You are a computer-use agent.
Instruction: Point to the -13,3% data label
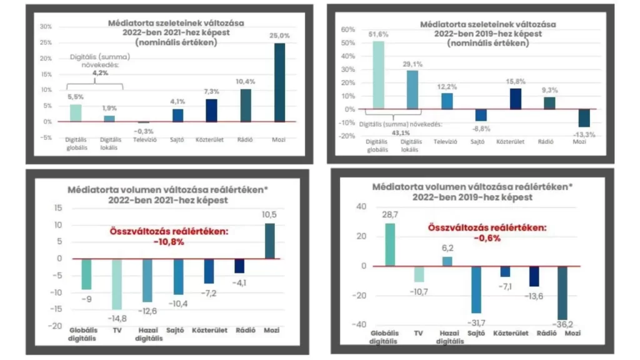coord(584,134)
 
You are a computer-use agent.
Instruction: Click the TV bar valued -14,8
coord(117,284)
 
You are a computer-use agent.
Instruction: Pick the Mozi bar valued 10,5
coord(271,241)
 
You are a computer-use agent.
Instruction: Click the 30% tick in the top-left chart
coord(46,27)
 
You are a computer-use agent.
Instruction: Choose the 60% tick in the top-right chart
coord(347,29)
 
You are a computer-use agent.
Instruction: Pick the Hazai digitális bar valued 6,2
coord(447,261)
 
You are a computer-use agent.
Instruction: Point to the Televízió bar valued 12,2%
coord(447,101)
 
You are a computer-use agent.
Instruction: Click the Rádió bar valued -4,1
coord(240,266)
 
